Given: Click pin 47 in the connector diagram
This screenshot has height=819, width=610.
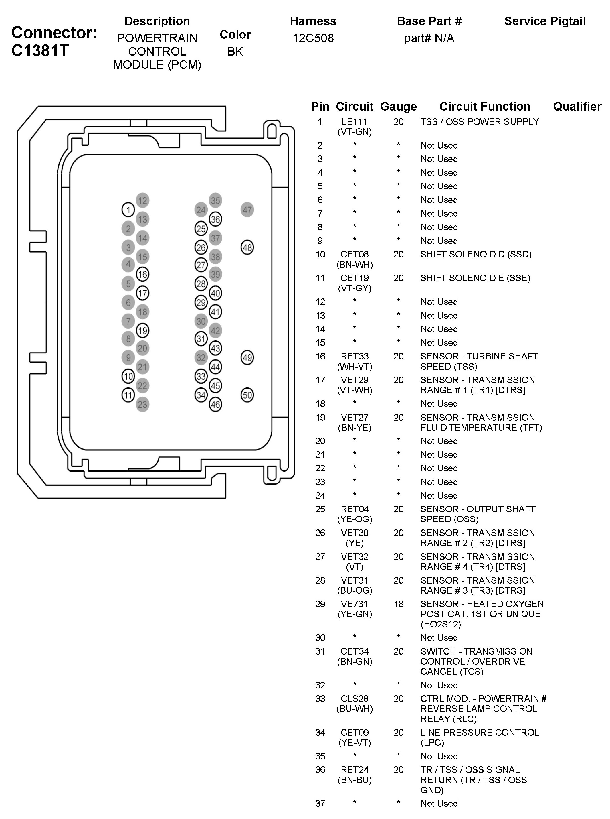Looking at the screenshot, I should [247, 210].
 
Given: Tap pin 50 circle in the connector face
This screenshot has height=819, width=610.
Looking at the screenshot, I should [247, 395].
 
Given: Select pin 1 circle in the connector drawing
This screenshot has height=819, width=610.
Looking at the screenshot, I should [128, 210].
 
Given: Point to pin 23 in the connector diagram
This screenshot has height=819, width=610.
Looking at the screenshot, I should [142, 404].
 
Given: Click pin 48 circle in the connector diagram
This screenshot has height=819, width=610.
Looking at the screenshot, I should [247, 247].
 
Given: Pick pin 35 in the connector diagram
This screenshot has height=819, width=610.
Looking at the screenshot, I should [215, 201].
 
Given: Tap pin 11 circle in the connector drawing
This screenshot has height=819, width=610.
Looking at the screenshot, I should [128, 395].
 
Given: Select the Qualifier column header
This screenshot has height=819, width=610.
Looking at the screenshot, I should [577, 107].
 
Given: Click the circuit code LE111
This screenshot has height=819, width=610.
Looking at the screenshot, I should [354, 122].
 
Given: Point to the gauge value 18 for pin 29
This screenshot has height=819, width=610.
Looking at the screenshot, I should [399, 604].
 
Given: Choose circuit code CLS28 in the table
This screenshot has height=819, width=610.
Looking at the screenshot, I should [354, 698].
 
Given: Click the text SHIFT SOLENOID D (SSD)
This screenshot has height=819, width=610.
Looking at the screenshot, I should [476, 254].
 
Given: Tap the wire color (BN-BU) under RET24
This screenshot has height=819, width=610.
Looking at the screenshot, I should [354, 780].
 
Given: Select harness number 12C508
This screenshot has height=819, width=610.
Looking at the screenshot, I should [313, 38].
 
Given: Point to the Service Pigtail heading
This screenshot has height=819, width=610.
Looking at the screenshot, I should [545, 21].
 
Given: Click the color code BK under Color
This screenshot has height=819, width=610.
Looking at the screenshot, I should [235, 51].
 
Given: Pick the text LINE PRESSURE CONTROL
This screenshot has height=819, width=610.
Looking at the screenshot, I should [479, 732].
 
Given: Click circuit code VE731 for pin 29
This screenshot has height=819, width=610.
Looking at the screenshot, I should [354, 604].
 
